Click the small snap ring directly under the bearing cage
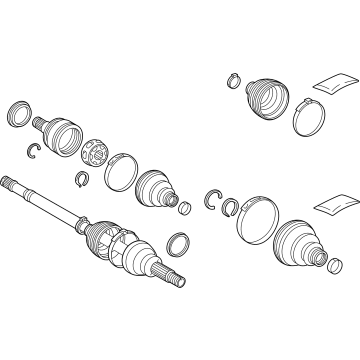point(81,179)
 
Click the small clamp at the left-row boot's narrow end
point(184,207)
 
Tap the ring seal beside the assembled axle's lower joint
point(178,243)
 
